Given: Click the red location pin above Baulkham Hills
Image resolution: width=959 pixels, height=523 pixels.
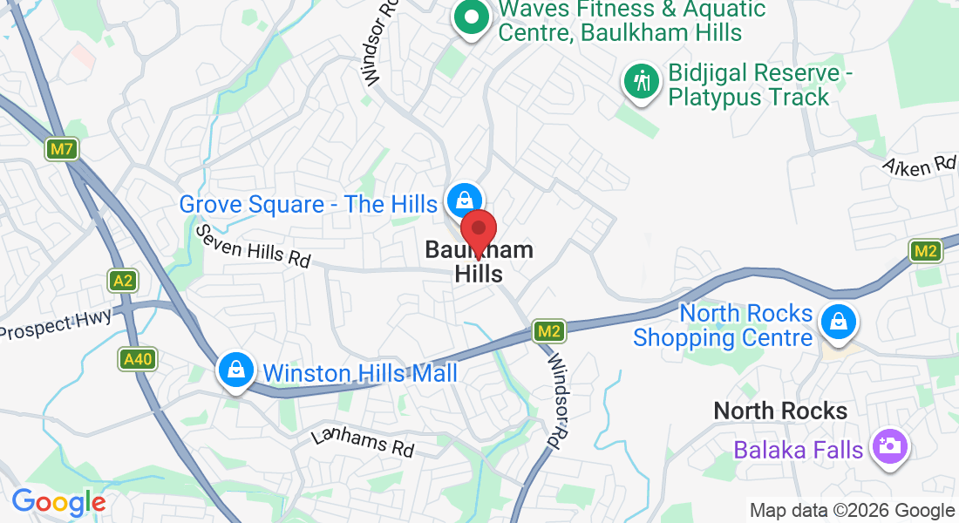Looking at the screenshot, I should pyautogui.click(x=478, y=230).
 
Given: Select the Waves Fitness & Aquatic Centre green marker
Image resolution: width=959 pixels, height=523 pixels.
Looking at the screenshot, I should pyautogui.click(x=472, y=17).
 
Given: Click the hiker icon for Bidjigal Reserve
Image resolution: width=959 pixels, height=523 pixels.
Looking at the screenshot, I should pyautogui.click(x=642, y=83).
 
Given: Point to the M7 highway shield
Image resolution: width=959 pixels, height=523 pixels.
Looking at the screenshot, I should pyautogui.click(x=61, y=149).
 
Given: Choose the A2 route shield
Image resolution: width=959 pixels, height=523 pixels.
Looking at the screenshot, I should pyautogui.click(x=124, y=281).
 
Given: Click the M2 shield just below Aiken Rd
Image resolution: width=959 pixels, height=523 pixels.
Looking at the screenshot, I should pyautogui.click(x=925, y=252).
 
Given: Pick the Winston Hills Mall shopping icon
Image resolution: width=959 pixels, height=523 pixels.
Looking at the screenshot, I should pyautogui.click(x=235, y=370).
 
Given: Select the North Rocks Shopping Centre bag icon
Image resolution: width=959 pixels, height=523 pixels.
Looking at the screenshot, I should pyautogui.click(x=838, y=323).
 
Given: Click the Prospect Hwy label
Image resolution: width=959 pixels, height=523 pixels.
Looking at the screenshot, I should pyautogui.click(x=57, y=324).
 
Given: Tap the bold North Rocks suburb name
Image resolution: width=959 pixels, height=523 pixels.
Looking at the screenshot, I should pyautogui.click(x=780, y=411).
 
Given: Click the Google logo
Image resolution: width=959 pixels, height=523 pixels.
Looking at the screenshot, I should pyautogui.click(x=58, y=502).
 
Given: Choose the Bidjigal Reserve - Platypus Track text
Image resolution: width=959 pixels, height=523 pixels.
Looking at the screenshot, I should pyautogui.click(x=748, y=85).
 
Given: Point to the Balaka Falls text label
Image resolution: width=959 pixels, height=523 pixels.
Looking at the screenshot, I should pyautogui.click(x=799, y=450).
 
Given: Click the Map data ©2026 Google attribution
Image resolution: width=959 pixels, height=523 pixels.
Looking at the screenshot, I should pyautogui.click(x=853, y=511).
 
